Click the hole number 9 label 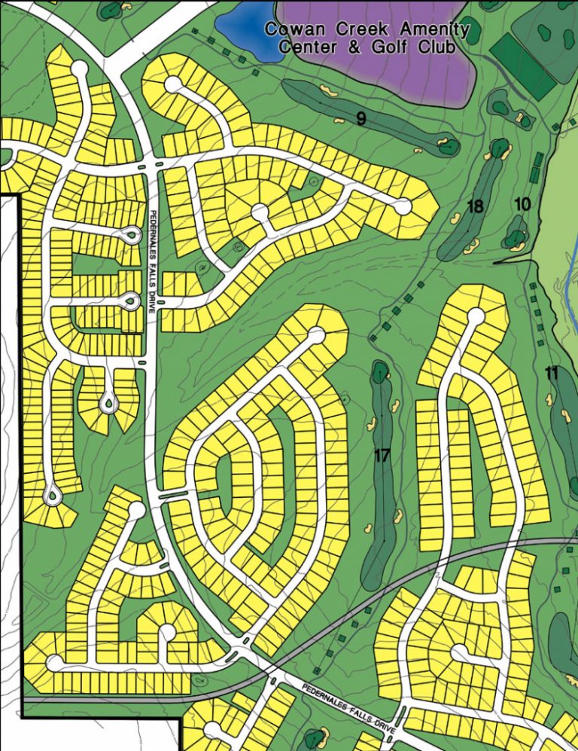[361, 118]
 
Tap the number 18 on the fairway [474, 206]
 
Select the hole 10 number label [523, 203]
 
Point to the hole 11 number [552, 371]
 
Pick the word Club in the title [437, 47]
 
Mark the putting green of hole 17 [379, 371]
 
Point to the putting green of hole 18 [498, 147]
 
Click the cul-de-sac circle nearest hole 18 [403, 205]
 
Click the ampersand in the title [343, 47]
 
